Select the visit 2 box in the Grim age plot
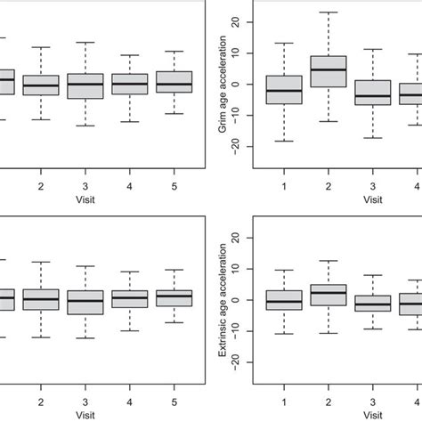(329, 71)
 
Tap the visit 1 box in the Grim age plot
(284, 90)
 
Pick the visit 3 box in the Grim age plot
(372, 93)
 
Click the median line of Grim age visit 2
(329, 69)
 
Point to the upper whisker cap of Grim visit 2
(329, 12)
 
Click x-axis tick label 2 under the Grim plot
(329, 185)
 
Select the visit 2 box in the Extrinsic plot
(329, 295)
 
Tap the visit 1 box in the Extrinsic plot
(284, 300)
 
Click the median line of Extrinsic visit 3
(372, 304)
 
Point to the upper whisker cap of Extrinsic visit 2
(329, 261)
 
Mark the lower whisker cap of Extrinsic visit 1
(284, 334)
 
